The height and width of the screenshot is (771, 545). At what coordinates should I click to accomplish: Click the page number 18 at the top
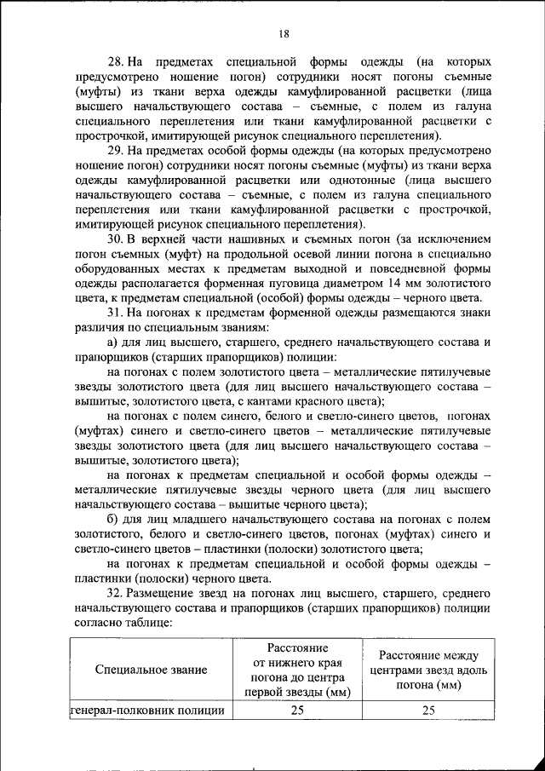point(284,33)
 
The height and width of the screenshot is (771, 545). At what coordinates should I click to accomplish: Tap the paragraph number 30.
point(115,239)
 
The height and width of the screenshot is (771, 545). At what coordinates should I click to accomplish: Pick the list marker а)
point(113,342)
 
